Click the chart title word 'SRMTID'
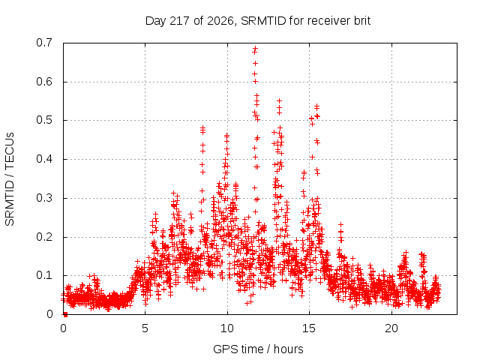[x=263, y=21]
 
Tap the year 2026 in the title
[x=220, y=21]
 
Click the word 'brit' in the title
[x=362, y=21]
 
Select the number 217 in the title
[x=180, y=21]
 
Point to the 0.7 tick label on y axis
[x=44, y=43]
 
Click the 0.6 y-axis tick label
[x=44, y=82]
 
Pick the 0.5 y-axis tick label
[x=44, y=120]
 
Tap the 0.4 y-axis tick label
[x=44, y=159]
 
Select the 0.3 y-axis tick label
[x=44, y=198]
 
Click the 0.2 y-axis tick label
[x=44, y=237]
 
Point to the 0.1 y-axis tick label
[x=44, y=275]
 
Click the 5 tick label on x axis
[x=145, y=328]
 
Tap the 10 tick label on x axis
[x=227, y=328]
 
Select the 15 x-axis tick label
[x=309, y=328]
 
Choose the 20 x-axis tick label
[x=391, y=328]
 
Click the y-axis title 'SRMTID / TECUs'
[x=10, y=179]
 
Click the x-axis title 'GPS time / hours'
[x=258, y=349]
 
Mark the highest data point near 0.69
[x=255, y=48]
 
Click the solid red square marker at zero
[x=65, y=314]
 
